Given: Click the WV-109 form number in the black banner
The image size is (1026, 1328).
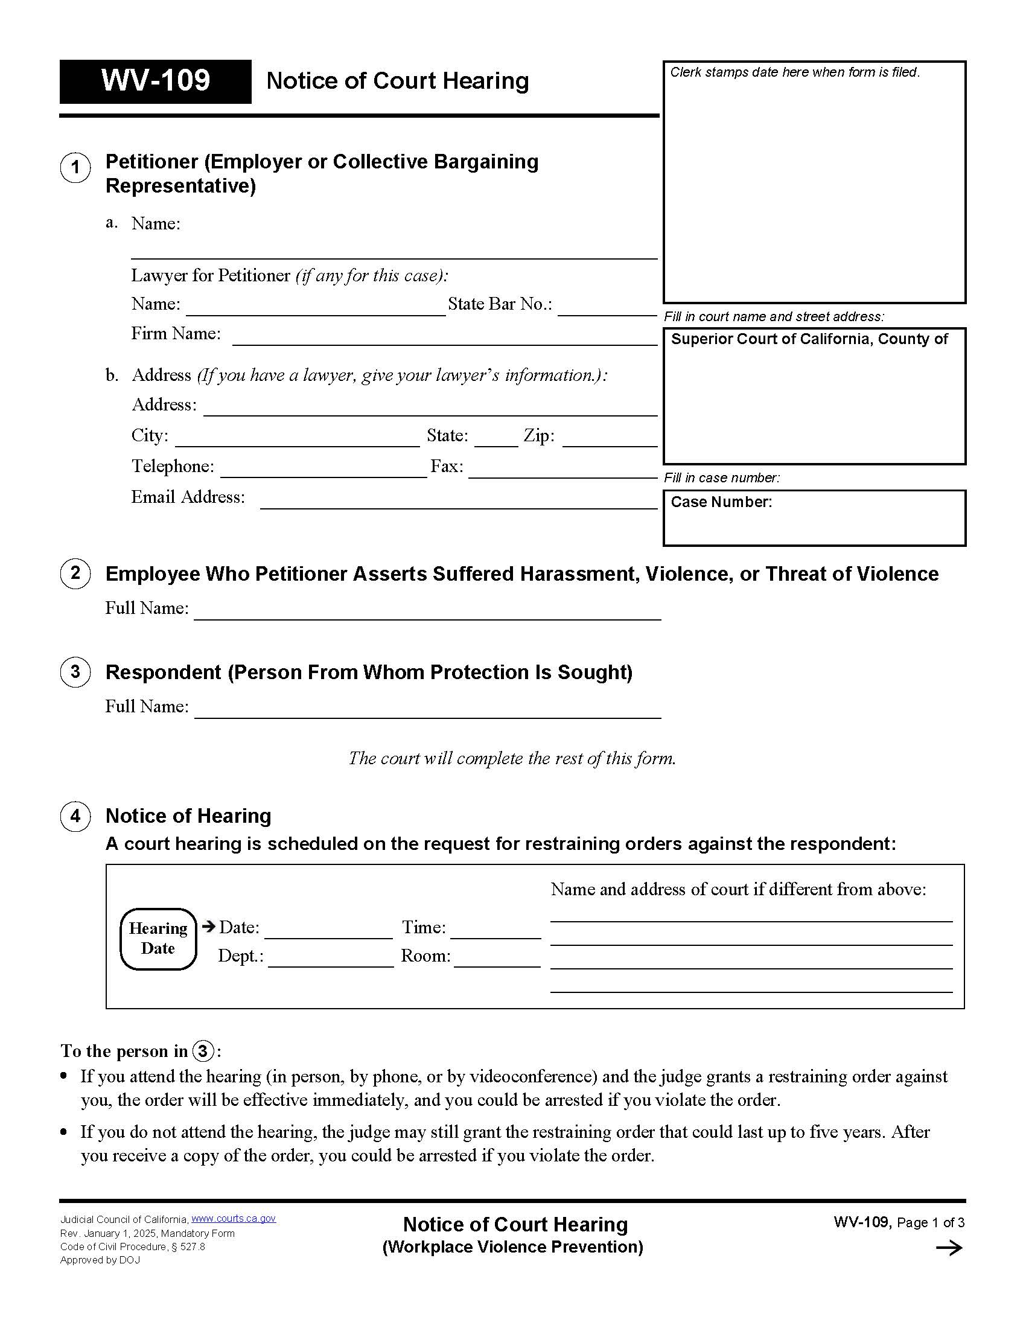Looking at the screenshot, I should coord(156,81).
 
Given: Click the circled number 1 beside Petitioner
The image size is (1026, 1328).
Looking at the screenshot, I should coord(75,167).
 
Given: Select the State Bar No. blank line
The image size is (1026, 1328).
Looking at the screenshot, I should coord(607,309).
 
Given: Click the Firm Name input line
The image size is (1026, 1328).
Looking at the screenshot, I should coord(444,339).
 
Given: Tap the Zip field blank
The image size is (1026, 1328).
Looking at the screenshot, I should coord(610,440).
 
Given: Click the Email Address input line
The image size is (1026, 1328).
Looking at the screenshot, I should coord(458,502).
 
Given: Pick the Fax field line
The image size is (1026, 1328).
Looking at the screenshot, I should coord(562,471).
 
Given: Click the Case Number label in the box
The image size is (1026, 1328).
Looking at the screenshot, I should coord(721,502).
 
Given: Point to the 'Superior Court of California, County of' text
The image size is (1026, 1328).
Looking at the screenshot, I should coord(809,339).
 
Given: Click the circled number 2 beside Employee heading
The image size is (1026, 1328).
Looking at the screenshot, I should coord(75,573).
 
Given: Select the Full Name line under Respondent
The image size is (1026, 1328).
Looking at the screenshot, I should coord(427,712).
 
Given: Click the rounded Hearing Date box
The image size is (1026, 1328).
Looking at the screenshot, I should coord(158,938).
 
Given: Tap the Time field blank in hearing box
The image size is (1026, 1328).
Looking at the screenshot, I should coord(495,932).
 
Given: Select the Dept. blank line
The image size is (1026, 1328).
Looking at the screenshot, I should coord(331,960).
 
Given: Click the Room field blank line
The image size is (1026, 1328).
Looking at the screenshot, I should coord(497,960).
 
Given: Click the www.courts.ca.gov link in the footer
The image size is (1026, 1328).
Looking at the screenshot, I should coord(234,1219).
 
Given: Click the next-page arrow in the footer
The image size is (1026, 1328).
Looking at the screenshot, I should coord(949,1248).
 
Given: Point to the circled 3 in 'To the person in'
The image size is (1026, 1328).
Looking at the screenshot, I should coord(203,1052).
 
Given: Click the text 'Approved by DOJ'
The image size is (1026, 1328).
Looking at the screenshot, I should coord(100,1260).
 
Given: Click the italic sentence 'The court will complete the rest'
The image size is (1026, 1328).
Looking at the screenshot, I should coord(512,758).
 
